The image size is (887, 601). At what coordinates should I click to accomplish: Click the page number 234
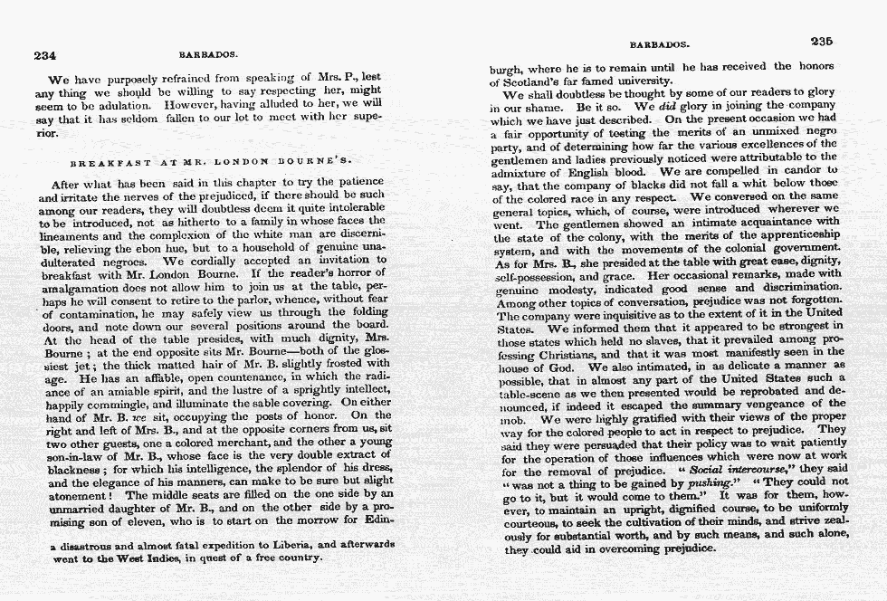pyautogui.click(x=45, y=55)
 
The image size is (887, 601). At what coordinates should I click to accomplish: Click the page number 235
pyautogui.click(x=821, y=42)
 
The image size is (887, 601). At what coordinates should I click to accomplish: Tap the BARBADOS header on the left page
pyautogui.click(x=203, y=53)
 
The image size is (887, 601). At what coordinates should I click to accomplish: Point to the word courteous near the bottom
pyautogui.click(x=529, y=523)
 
